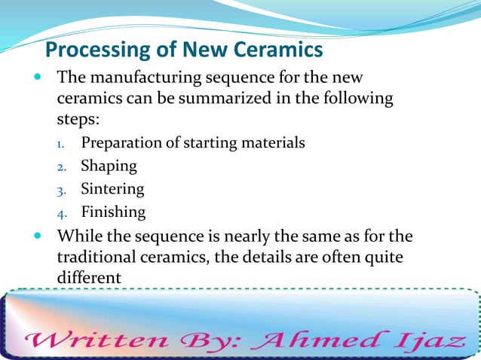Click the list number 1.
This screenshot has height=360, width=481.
tap(64, 143)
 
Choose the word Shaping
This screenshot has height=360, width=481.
tap(109, 166)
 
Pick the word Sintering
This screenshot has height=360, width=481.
tap(112, 188)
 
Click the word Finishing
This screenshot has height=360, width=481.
tap(113, 212)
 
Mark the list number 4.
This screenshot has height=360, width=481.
tap(64, 212)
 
